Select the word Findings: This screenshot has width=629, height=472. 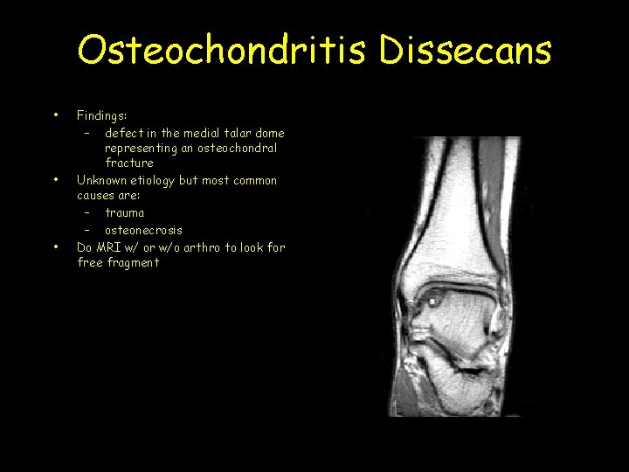[103, 115]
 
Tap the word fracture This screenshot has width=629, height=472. [129, 163]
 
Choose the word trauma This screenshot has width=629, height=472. [125, 212]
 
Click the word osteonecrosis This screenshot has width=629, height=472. [144, 230]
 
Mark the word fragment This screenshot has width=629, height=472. [132, 262]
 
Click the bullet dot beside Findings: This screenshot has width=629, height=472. [55, 115]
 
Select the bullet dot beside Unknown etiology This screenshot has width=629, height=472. [55, 180]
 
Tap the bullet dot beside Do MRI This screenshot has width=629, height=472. [55, 247]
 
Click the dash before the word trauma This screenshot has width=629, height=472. [88, 212]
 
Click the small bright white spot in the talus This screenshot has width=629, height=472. [431, 300]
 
